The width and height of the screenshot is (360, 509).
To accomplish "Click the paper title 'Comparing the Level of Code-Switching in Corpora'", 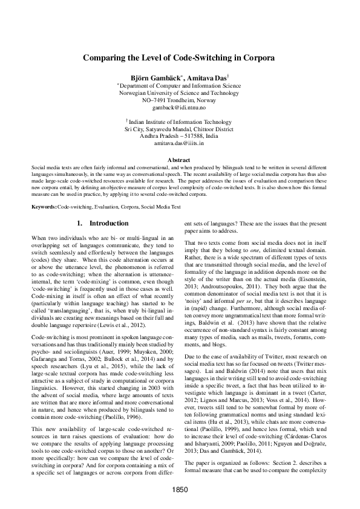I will tap(179, 59).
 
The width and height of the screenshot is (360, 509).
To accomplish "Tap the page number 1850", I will tap(179, 488).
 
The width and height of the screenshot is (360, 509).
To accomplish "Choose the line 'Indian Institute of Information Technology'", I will tap(180, 123).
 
